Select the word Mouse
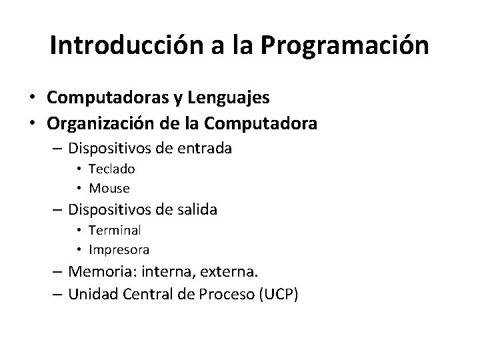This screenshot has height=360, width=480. tap(109, 188)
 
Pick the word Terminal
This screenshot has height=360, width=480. tap(115, 231)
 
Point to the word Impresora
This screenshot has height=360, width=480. tap(119, 249)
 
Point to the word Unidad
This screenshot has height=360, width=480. tap(98, 293)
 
